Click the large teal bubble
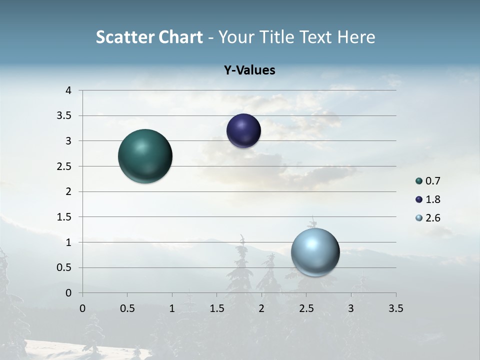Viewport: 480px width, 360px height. point(145,156)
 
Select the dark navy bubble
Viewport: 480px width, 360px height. point(243,131)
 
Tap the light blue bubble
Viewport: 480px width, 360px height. point(315,252)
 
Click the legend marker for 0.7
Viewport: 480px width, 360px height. point(419,181)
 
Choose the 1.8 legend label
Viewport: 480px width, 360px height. point(433,199)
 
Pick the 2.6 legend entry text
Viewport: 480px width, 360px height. point(433,218)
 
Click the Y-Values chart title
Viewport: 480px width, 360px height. point(249,70)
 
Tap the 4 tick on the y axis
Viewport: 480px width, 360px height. point(68,90)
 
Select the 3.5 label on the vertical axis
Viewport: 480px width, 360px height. point(64,116)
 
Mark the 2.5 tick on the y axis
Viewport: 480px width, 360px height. point(64,166)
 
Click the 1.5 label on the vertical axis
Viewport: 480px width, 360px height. point(64,217)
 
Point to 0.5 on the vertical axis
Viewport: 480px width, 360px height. point(64,267)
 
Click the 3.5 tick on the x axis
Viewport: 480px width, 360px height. point(395,308)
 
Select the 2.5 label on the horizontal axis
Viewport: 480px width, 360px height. point(306,308)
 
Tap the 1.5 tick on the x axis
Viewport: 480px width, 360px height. point(216,308)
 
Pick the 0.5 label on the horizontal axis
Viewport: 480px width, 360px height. point(127,308)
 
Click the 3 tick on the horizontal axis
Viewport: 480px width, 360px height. point(351,308)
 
